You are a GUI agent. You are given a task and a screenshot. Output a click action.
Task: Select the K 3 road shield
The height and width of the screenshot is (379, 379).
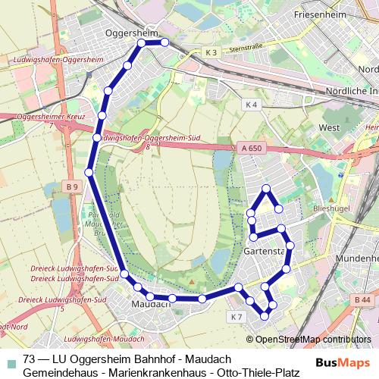coord(211,52)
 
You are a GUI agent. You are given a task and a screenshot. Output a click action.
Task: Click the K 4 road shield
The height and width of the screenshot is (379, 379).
coord(252,104)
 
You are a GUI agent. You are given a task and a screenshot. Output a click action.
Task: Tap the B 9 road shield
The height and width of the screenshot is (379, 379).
coord(72,187)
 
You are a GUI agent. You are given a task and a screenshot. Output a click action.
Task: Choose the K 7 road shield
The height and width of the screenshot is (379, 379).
coord(236,316)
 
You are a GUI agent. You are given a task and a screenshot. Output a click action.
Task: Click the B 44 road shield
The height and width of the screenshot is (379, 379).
coord(362,301)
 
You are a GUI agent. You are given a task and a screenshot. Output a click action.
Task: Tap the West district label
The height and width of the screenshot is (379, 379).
coord(330,128)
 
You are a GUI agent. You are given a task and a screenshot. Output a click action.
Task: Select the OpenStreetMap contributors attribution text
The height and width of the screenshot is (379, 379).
coord(313,339)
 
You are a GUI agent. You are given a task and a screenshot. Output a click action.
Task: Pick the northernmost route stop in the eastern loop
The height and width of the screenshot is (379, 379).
coord(266,188)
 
